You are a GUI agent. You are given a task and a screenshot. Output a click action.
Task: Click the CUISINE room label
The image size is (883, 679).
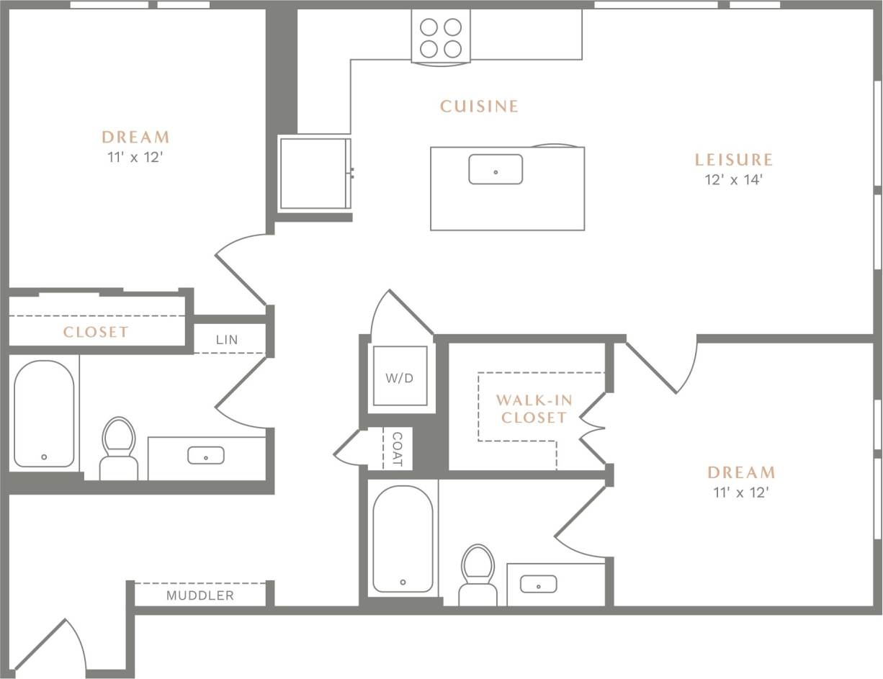479,107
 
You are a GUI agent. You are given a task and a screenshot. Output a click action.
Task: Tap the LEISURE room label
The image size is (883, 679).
733,160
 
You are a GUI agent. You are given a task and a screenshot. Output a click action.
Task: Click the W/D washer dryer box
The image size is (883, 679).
400,378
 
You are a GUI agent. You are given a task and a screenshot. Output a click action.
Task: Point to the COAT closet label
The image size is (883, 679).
397,450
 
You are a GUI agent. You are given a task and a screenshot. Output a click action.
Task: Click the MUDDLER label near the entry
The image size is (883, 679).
200,595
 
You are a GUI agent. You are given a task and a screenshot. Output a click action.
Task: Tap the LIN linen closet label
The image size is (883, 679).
227,340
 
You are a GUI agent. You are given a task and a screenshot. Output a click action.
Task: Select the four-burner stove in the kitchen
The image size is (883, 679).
441,37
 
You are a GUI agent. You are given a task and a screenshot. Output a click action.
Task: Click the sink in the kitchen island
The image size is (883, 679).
496,170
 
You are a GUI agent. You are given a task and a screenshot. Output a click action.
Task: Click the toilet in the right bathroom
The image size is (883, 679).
478,573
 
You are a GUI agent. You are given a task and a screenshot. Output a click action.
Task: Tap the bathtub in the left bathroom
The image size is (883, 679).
44,414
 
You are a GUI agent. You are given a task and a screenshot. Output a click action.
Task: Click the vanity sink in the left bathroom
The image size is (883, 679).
206,456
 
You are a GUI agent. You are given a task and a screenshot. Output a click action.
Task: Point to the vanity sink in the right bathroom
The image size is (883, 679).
538,584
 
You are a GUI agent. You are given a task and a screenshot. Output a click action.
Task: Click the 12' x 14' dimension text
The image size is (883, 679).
733,180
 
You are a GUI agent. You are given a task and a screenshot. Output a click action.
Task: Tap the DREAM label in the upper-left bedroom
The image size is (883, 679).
135,137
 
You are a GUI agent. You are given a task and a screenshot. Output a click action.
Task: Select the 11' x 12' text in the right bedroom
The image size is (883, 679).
741,493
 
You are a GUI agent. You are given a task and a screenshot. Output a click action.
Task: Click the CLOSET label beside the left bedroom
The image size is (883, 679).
96,332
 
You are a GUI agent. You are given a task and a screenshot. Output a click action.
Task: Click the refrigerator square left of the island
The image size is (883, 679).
314,173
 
